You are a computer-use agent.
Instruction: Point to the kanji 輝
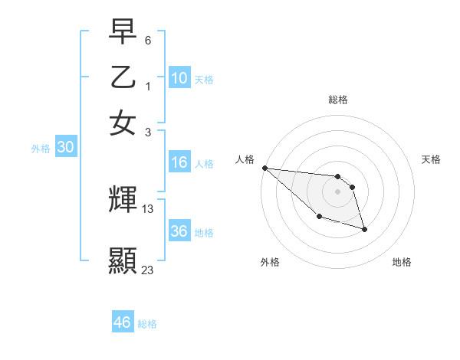[123, 200]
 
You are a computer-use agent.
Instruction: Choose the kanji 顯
[123, 260]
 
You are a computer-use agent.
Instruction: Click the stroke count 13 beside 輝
[149, 209]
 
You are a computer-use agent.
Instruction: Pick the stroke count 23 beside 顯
[148, 269]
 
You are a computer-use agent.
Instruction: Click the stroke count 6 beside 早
[148, 39]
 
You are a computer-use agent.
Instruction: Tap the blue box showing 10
[179, 78]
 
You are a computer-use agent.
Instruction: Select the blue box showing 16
[179, 162]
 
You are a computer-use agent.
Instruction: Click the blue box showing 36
[179, 231]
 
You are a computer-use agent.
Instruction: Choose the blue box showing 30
[65, 148]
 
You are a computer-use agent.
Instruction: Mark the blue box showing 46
[122, 322]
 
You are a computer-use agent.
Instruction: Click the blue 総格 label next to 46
[147, 324]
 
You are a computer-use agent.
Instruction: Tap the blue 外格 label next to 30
[41, 149]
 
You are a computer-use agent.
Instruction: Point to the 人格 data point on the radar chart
[264, 168]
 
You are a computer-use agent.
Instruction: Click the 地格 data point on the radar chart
[364, 229]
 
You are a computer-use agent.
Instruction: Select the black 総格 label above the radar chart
[337, 100]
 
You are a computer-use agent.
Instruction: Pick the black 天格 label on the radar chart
[431, 159]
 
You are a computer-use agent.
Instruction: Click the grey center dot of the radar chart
[337, 191]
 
